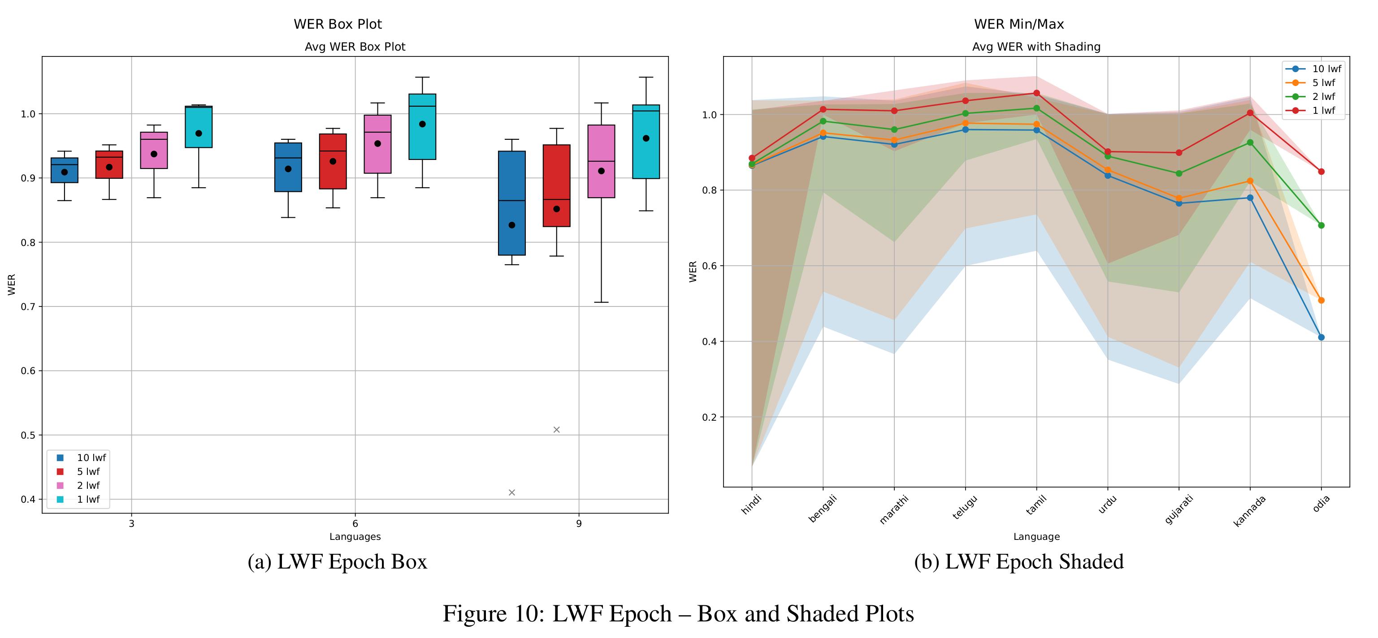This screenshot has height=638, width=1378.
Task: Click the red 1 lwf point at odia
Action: coord(1321,172)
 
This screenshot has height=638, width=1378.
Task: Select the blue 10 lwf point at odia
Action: coord(1321,337)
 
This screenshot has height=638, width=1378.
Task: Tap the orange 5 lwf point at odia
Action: coord(1321,301)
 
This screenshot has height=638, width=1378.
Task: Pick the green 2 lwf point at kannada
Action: coord(1250,143)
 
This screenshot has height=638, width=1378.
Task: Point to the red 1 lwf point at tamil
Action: coord(1036,93)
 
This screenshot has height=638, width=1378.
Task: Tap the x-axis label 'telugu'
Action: coord(965,507)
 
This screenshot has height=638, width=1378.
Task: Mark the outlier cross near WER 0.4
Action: coord(511,492)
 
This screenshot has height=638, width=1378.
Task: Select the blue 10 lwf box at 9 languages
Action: coord(511,203)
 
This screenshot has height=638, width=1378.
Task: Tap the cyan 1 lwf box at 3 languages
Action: coord(199,127)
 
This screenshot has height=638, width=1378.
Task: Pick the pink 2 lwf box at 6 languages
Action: coord(377,144)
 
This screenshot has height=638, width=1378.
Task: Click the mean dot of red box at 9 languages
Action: coord(556,209)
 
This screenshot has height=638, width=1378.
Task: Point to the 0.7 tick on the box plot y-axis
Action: coord(28,307)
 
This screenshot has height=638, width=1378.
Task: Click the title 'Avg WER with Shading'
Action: coord(1036,47)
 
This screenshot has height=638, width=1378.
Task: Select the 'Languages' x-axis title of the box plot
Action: coord(355,537)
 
